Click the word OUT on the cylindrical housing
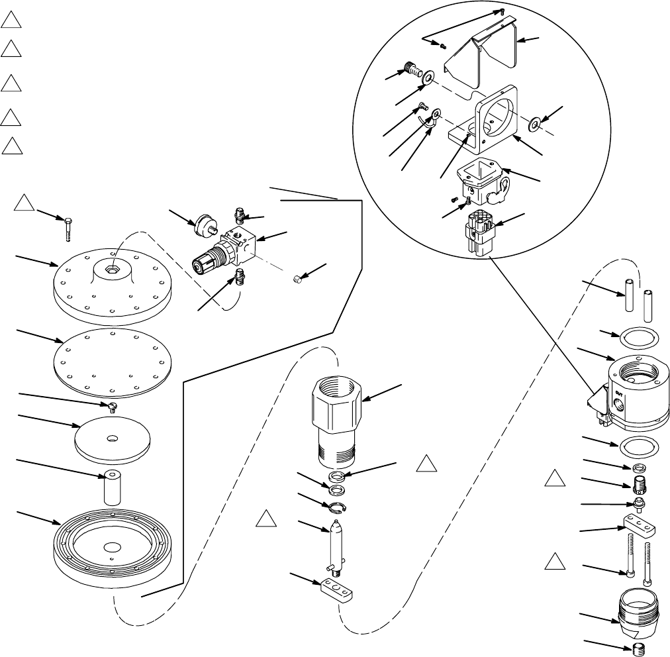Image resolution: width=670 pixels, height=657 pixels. click(619, 392)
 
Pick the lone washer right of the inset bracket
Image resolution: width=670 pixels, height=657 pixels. click(535, 124)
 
